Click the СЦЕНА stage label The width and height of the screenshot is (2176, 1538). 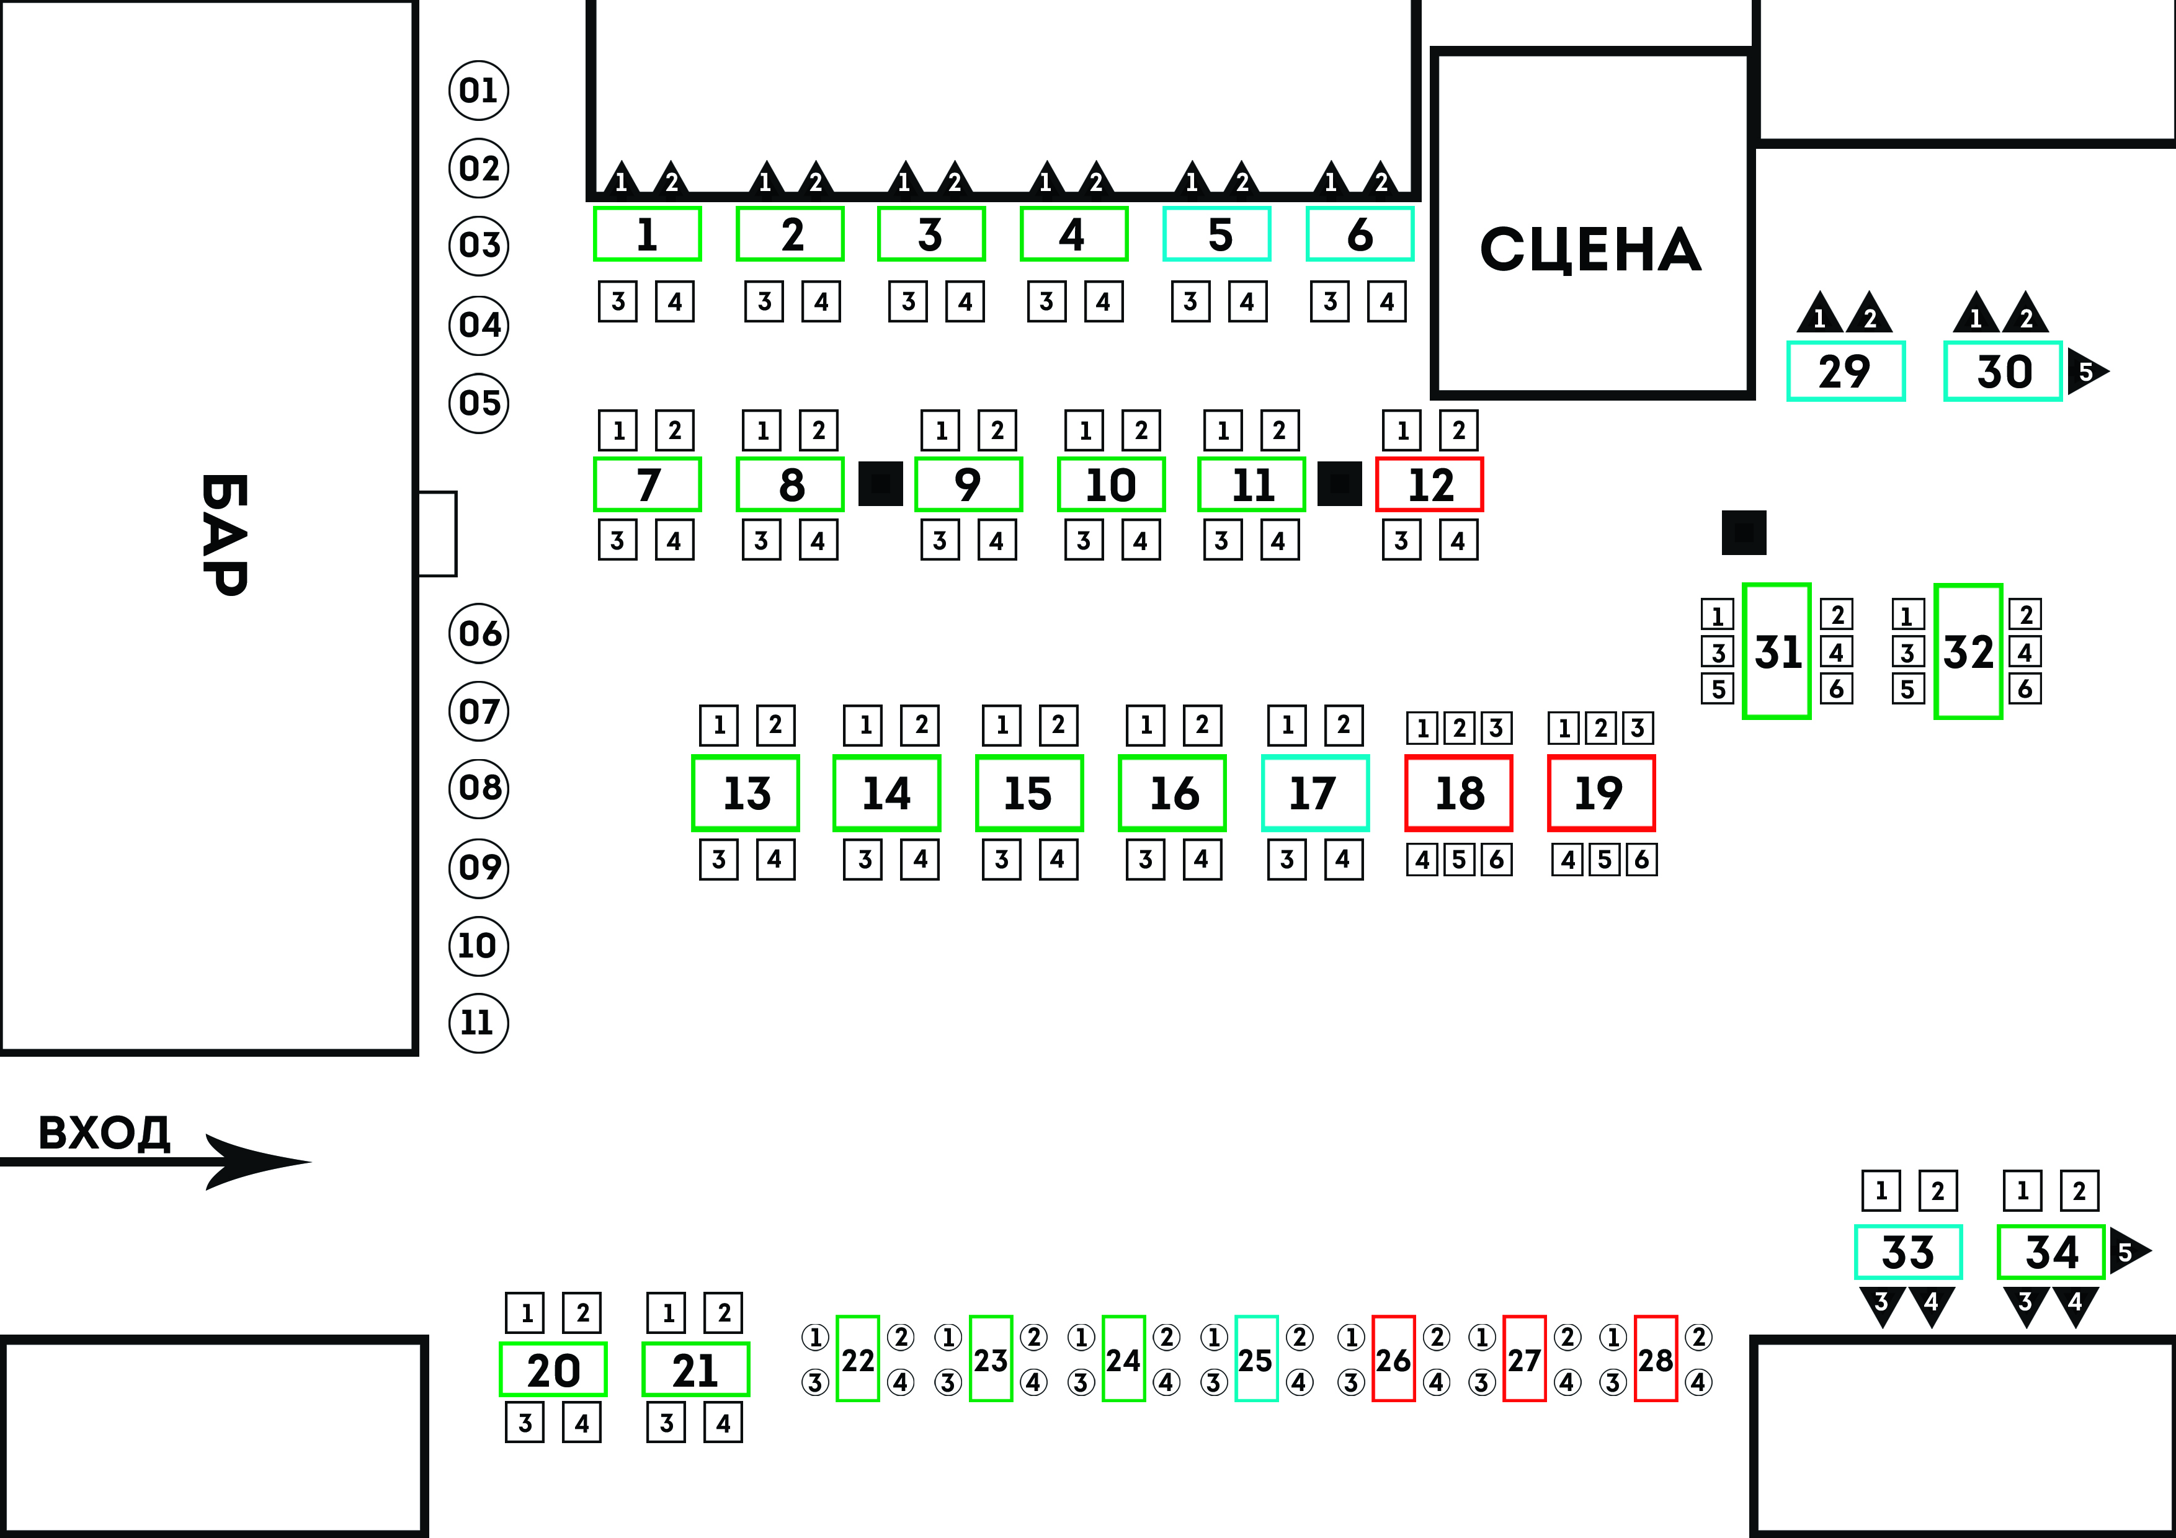tap(1590, 249)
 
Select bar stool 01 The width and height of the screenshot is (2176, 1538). tap(479, 91)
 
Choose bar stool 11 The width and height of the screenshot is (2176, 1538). tap(479, 1023)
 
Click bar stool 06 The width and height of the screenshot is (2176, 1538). tap(479, 633)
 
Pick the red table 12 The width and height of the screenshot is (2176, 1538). tap(1429, 485)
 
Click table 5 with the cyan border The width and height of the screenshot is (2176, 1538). tap(1217, 234)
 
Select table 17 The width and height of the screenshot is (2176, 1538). tap(1314, 793)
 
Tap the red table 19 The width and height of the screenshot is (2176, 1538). tap(1601, 793)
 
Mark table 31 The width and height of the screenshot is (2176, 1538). tap(1777, 652)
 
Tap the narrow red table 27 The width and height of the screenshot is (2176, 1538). tap(1524, 1359)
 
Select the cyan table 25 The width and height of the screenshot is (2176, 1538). tap(1255, 1359)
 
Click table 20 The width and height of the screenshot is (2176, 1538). tap(553, 1369)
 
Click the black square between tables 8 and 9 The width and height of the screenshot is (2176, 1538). tap(880, 483)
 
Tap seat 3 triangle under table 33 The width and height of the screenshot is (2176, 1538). tap(1882, 1304)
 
